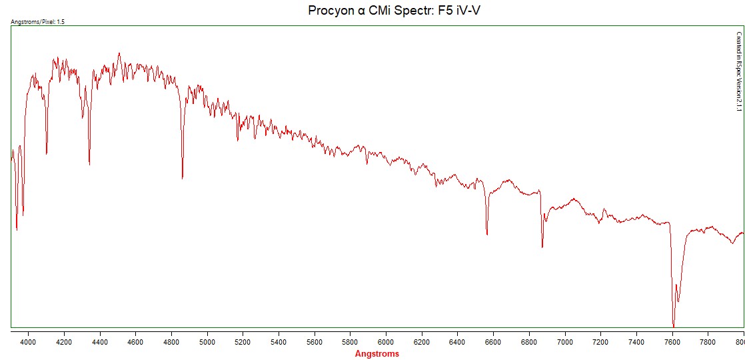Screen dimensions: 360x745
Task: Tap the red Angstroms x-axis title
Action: point(377,354)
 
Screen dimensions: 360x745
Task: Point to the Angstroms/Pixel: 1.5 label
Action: point(38,21)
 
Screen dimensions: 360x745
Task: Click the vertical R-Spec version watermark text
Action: point(738,73)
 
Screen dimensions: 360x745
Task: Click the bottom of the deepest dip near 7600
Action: point(674,325)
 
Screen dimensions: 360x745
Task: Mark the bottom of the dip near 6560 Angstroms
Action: point(487,235)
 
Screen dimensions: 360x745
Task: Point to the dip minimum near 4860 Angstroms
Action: point(183,178)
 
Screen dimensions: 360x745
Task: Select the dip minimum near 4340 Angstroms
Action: point(89,164)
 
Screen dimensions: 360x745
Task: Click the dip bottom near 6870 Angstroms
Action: point(542,247)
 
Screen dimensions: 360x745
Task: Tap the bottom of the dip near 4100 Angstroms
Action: point(47,154)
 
